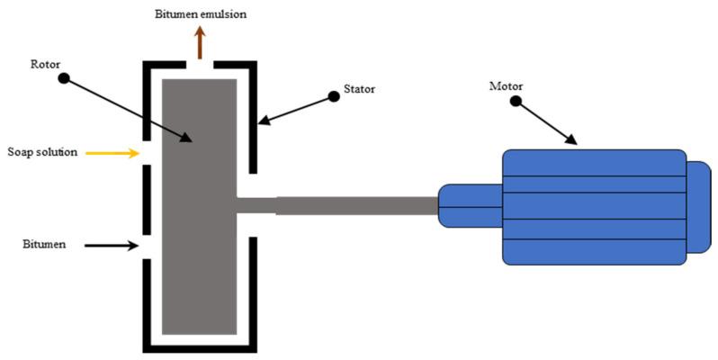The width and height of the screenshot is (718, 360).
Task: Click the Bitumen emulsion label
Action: coord(201,14)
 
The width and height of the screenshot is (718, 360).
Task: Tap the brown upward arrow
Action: coord(200,42)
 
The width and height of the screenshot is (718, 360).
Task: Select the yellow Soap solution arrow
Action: coord(112,153)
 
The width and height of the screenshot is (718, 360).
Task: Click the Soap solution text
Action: coord(42,152)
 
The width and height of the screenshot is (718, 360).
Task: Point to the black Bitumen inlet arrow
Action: coord(112,246)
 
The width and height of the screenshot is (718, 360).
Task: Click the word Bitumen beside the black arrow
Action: coord(44,244)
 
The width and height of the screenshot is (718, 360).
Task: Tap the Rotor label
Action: coord(45,64)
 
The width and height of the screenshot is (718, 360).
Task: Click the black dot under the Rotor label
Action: coord(64,78)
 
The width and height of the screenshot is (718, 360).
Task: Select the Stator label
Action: coord(360,89)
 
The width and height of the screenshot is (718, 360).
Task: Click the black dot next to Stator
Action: coord(335,96)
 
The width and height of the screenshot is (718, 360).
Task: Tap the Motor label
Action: coord(506,86)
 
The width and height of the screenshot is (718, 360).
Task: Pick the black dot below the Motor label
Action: coord(516,101)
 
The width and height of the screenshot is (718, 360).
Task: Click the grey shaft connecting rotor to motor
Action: coord(337,205)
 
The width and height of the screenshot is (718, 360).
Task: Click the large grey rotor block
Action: coord(200,207)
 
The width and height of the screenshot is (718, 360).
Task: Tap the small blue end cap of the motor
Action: coord(699,207)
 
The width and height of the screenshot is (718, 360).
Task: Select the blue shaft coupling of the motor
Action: coord(470,206)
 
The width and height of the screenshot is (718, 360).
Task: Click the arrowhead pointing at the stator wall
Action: coord(264,121)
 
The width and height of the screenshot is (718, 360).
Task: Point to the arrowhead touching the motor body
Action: coord(571,139)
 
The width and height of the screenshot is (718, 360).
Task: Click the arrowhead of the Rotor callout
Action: coord(186,137)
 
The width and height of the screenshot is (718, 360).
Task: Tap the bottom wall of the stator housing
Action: coord(200,348)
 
